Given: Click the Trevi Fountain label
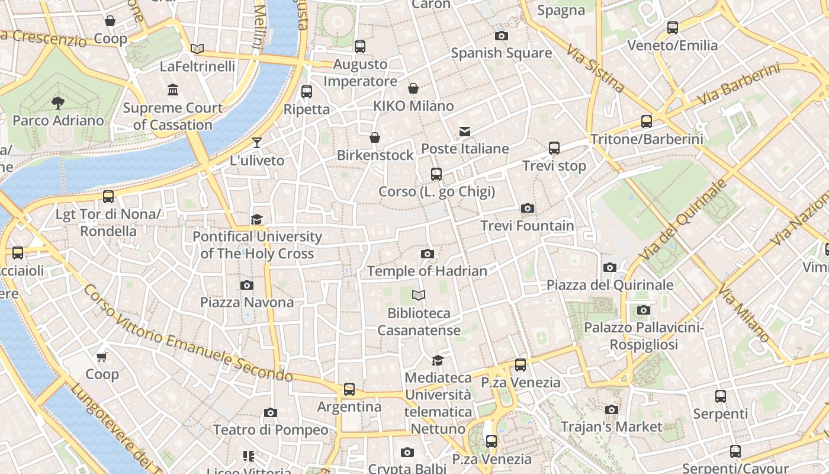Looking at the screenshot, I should pos(527,226).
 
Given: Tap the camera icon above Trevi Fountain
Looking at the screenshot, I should pos(527,209).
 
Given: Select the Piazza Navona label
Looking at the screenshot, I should pos(247,302).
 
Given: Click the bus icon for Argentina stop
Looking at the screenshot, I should pos(349,389).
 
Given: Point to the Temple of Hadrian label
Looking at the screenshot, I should pos(427,271).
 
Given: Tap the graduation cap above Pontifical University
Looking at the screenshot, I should pos(256,220).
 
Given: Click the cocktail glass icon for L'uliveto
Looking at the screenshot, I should pos(257,143).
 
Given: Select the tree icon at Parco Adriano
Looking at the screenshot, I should pos(58,103).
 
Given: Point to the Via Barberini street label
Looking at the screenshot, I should pos(738,86).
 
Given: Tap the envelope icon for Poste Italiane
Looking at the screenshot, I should pos(465,132).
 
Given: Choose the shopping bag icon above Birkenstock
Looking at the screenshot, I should pos(375,138).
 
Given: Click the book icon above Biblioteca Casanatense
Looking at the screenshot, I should pos(419,295).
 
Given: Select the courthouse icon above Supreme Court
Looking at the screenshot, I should pos(173,90).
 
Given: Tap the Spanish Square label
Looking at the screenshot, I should pos(501,53).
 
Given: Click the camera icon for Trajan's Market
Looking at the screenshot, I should pos(612,409).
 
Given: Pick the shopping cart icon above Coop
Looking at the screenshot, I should pos(102,357).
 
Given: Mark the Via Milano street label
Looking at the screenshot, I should pos(744,314).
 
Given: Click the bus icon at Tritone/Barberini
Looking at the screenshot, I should pos(647,121).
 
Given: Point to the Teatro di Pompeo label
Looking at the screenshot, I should pos(270,430).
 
